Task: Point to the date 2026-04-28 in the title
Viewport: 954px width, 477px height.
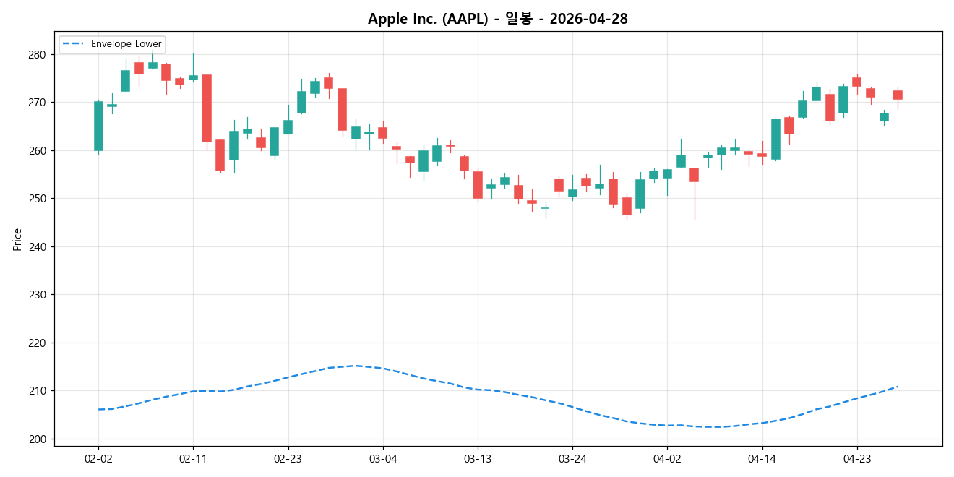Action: (588, 19)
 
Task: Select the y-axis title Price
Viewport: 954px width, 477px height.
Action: (17, 239)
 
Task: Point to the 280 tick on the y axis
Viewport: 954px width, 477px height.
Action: (37, 55)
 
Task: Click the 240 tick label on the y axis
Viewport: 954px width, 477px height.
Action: (37, 247)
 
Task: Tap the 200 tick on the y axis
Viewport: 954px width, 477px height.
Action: (37, 439)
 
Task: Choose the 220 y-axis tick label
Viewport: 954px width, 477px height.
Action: (37, 343)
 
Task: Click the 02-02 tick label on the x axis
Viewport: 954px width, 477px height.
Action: (98, 458)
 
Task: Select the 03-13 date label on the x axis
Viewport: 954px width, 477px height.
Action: (478, 458)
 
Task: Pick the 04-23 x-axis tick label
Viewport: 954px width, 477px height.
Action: (856, 458)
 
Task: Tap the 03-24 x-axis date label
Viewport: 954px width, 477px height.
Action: (572, 458)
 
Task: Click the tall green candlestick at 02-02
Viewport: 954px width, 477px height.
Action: (98, 126)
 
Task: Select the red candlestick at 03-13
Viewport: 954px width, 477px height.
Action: (478, 185)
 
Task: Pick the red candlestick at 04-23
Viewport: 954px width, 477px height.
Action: (856, 82)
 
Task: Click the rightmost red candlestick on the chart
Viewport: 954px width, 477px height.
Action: (898, 95)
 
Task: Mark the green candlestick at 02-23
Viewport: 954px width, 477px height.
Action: (288, 127)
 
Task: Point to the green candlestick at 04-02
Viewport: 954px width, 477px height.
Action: (667, 173)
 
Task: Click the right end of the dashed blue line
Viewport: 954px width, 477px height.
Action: (897, 387)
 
